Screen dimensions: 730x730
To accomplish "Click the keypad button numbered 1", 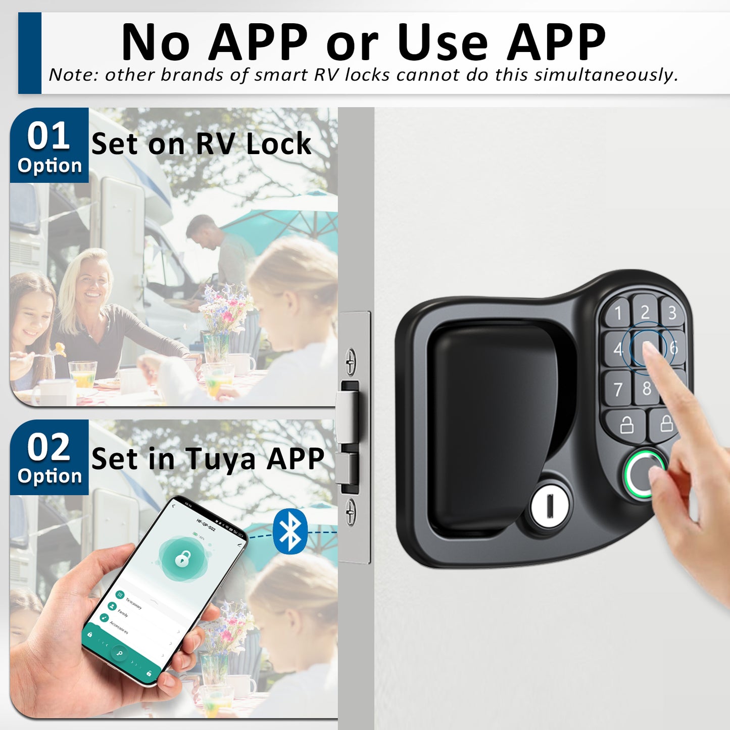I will [x=617, y=313].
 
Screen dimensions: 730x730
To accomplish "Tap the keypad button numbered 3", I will [x=672, y=313].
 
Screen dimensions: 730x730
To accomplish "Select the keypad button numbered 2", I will [x=645, y=311].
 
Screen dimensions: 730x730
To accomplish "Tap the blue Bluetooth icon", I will [x=290, y=531].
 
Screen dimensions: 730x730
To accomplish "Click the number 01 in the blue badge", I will [x=48, y=136].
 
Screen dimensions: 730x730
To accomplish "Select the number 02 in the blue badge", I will [x=48, y=448].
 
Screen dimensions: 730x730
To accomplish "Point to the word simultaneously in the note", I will [x=606, y=75].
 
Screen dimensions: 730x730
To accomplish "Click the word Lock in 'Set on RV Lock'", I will [x=278, y=144].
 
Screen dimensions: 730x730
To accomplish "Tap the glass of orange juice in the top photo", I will [x=83, y=374].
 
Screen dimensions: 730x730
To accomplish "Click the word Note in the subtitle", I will [x=73, y=75].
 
